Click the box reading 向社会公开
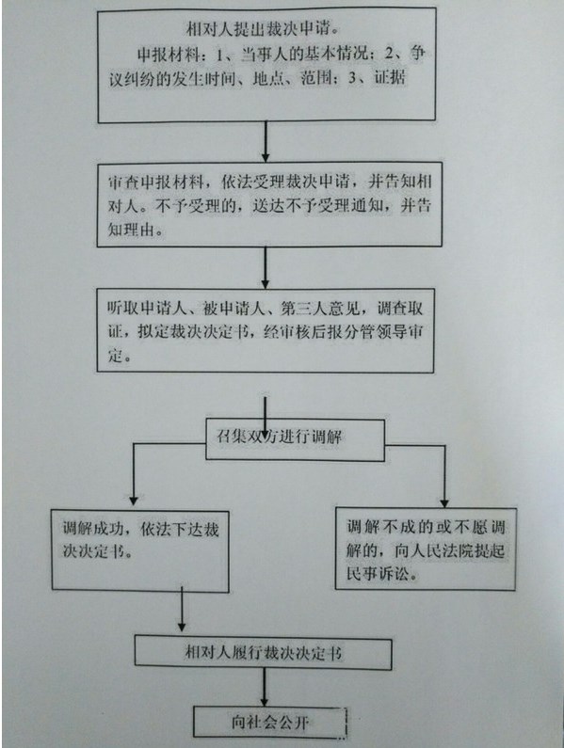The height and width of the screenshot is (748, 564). point(270,722)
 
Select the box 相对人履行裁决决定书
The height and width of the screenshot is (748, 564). point(263,652)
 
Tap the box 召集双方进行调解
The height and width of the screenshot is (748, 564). point(295,439)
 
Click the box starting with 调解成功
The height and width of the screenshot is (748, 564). point(140,551)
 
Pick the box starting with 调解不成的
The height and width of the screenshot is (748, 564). point(426,549)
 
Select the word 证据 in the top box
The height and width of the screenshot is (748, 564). point(389,77)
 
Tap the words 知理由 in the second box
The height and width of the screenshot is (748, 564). point(131,230)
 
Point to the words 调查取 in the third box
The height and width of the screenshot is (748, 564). point(400,309)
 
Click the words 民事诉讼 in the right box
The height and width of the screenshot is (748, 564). point(379,573)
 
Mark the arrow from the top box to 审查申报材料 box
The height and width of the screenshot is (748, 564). point(266,142)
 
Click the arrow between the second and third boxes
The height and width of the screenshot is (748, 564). point(265,267)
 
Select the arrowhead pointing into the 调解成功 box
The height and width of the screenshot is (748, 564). point(134,501)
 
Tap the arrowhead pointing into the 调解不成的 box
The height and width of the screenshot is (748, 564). point(444,502)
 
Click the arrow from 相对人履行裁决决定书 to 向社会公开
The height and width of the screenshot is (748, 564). point(264,688)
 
